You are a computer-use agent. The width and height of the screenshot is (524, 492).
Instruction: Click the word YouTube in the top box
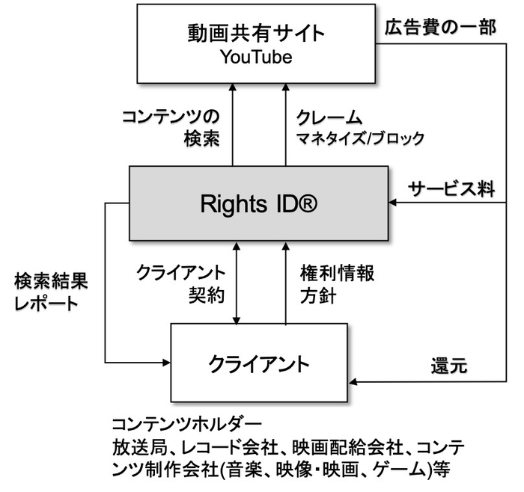point(256,58)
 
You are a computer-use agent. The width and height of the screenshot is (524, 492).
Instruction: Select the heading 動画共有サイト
point(256,34)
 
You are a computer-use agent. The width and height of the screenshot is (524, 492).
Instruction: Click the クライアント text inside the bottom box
point(259,364)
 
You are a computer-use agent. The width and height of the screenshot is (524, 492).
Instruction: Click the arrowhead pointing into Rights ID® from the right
point(392,202)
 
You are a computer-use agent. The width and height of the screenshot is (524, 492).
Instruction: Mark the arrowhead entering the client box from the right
point(353,384)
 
